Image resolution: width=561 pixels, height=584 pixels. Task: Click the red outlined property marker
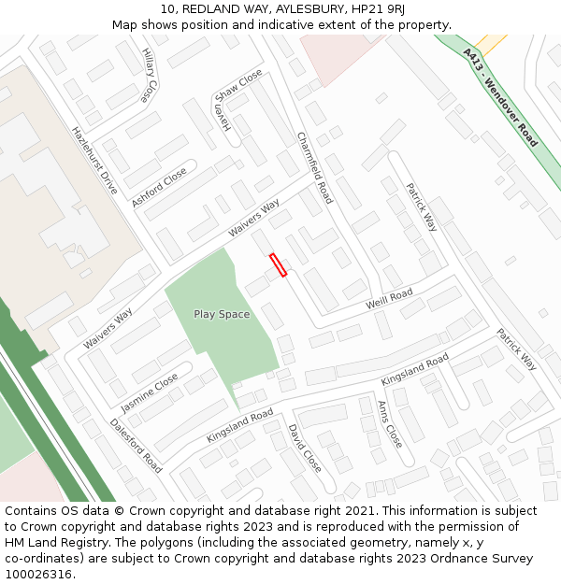pos(278,265)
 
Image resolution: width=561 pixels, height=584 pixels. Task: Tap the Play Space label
pos(222,314)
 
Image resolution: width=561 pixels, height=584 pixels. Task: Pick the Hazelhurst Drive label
pos(95,160)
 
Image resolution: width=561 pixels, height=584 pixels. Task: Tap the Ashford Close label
pos(159,187)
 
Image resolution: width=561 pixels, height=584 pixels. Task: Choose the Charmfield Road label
pos(314,167)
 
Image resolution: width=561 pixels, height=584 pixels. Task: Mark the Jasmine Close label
pos(150,392)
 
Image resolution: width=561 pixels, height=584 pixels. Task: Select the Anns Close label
pos(389,423)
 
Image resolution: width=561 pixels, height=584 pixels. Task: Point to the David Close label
pos(305,448)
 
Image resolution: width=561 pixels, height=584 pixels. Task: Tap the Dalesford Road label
pos(137,444)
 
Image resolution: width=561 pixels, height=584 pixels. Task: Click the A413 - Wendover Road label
pos(500,98)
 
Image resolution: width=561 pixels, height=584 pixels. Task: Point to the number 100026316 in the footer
pos(39,575)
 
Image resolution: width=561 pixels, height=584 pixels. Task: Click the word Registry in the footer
pos(102,543)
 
